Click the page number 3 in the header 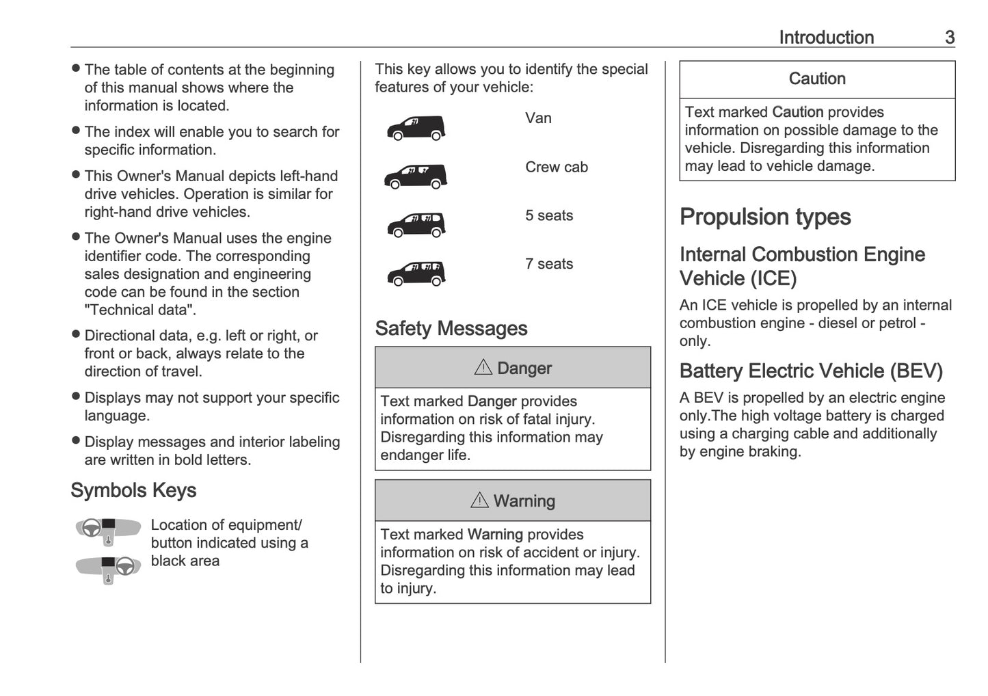[x=949, y=38]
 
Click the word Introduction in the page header [x=826, y=38]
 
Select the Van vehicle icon [x=416, y=128]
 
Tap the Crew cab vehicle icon [x=416, y=176]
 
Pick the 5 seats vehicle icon [x=416, y=225]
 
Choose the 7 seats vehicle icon [x=416, y=273]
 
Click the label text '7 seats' [x=549, y=264]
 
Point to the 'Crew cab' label [x=556, y=167]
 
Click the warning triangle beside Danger [x=483, y=368]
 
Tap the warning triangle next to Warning [x=479, y=500]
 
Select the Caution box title [x=817, y=79]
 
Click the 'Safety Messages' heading [x=451, y=329]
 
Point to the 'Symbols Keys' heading [x=133, y=490]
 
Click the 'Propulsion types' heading [x=765, y=217]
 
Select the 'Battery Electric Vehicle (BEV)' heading [x=811, y=371]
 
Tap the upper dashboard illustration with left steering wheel [x=107, y=531]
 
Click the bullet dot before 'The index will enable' [x=76, y=131]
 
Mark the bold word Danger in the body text [x=492, y=401]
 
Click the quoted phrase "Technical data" [x=139, y=310]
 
